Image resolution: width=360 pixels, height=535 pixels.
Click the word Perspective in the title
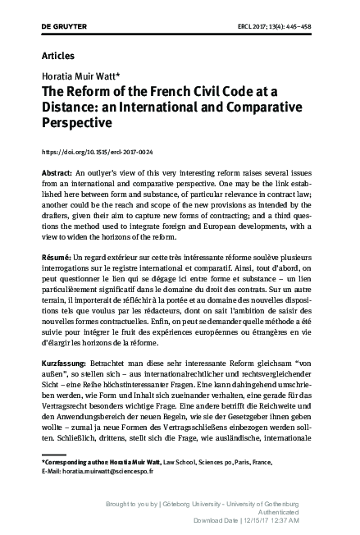(76, 127)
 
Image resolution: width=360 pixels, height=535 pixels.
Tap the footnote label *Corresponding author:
(80, 462)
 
